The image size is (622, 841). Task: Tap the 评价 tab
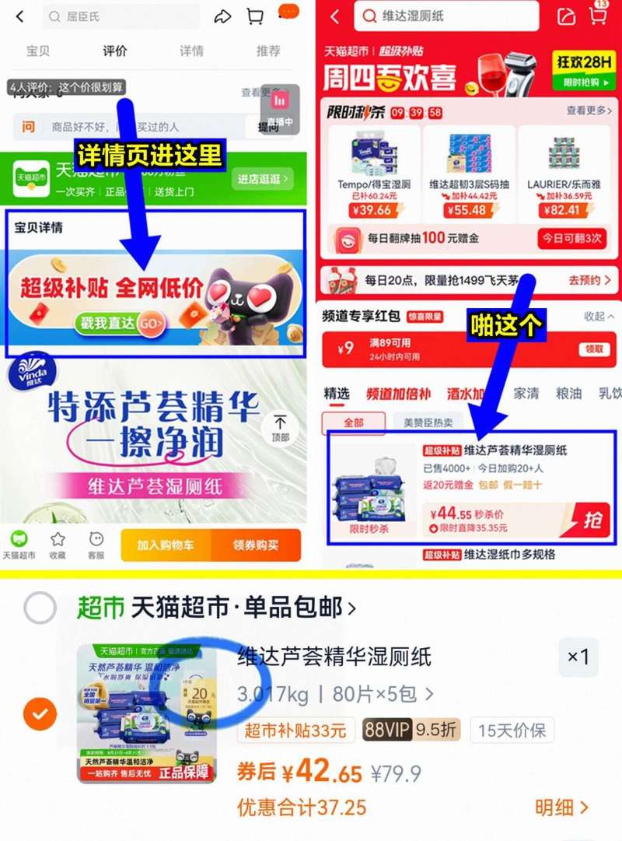(x=114, y=51)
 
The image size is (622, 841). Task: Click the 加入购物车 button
(x=166, y=545)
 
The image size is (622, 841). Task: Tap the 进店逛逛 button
(x=263, y=179)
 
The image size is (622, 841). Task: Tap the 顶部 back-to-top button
(x=280, y=427)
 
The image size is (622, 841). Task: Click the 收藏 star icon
(x=58, y=544)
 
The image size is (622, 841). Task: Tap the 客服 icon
(x=96, y=544)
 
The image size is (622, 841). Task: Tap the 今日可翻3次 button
(x=572, y=238)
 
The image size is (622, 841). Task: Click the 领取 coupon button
(x=593, y=349)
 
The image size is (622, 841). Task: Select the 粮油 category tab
(x=569, y=394)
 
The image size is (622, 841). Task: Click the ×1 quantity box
(x=578, y=657)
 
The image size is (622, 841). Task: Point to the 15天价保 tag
(x=512, y=731)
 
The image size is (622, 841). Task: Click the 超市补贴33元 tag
(x=295, y=731)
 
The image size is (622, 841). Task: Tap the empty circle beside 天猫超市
(x=40, y=608)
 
